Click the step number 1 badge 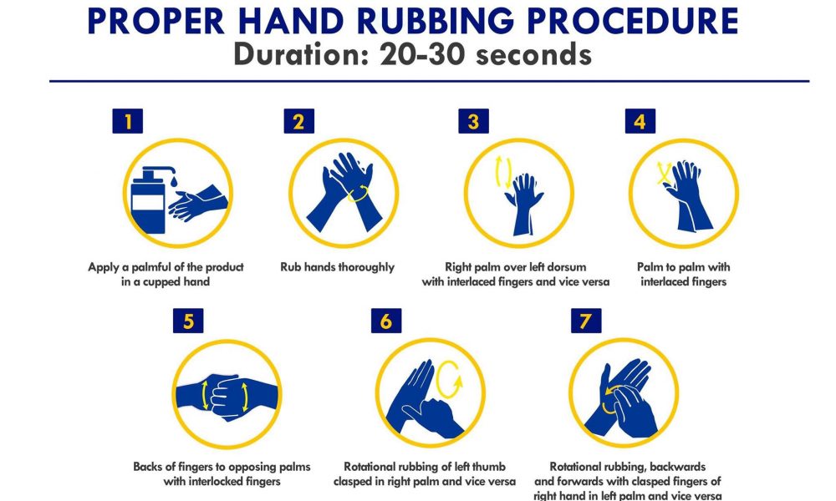[127, 121]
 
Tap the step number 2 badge [298, 121]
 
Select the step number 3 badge [473, 121]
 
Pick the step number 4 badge [640, 121]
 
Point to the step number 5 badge [188, 321]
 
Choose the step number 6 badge [386, 321]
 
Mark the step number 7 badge [586, 321]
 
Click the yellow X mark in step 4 [664, 173]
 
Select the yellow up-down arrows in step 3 [503, 172]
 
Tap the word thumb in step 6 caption [488, 467]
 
